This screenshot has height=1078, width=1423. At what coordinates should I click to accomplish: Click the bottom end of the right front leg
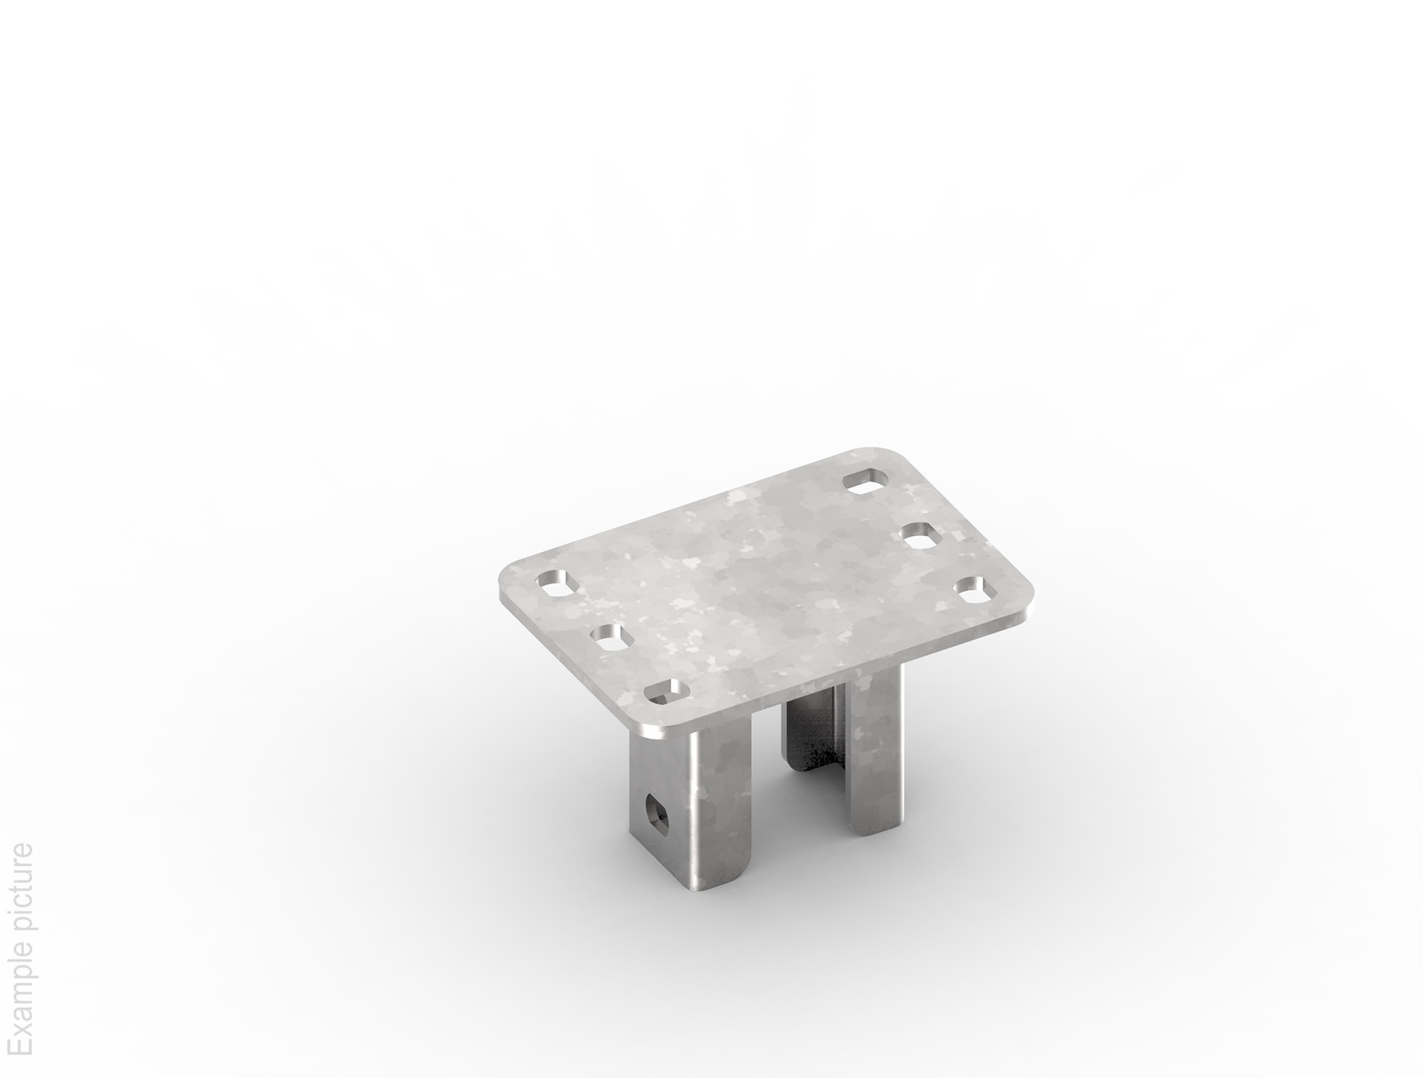point(873,831)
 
